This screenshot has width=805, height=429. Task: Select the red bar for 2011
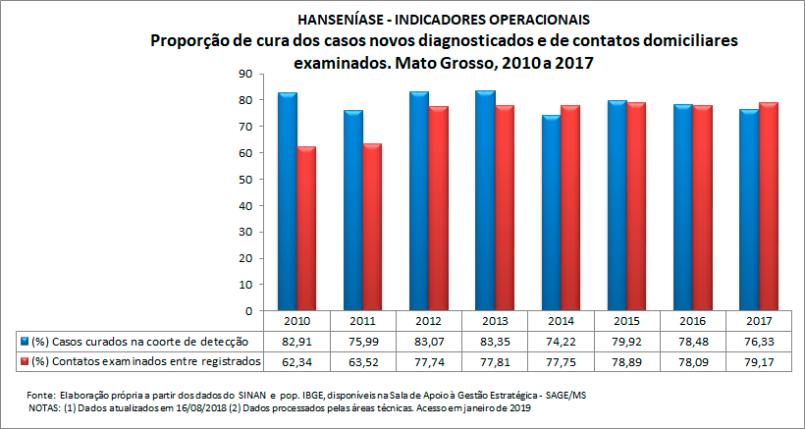pos(371,227)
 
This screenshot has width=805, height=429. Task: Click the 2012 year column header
pos(424,321)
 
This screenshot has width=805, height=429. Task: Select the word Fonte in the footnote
pos(43,394)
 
